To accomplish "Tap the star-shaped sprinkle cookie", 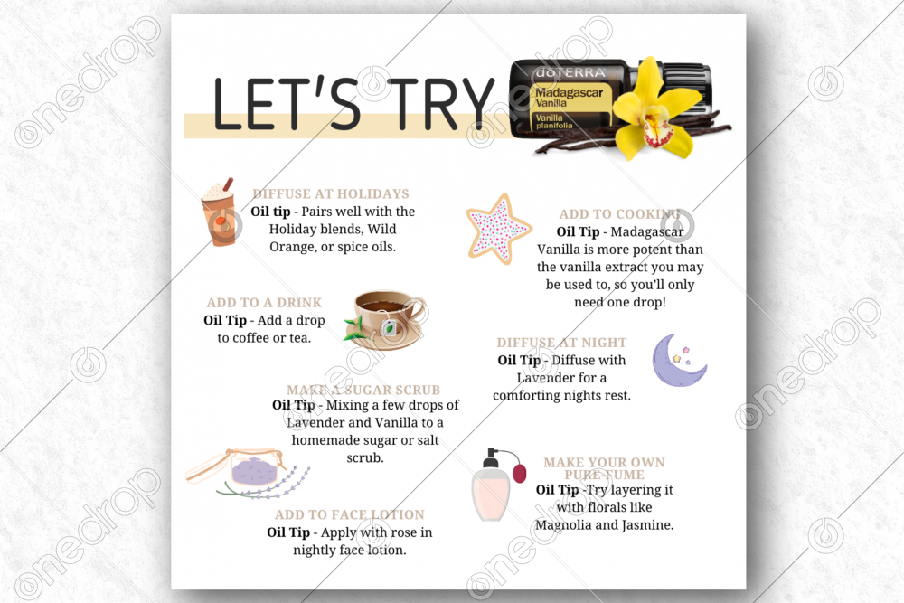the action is pyautogui.click(x=498, y=229).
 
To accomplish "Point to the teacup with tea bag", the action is pyautogui.click(x=386, y=320).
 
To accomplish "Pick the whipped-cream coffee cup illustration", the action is pyautogui.click(x=220, y=212).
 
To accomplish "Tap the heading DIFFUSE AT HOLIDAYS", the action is pyautogui.click(x=331, y=193).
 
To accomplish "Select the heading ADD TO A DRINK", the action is pyautogui.click(x=264, y=303).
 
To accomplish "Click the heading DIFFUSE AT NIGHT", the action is pyautogui.click(x=561, y=343).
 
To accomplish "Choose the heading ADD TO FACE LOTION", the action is pyautogui.click(x=349, y=514).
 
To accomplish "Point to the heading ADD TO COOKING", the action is pyautogui.click(x=620, y=214).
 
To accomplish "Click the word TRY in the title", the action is pyautogui.click(x=440, y=103).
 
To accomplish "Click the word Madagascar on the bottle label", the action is pyautogui.click(x=569, y=92).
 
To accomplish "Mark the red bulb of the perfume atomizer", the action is pyautogui.click(x=520, y=473).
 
